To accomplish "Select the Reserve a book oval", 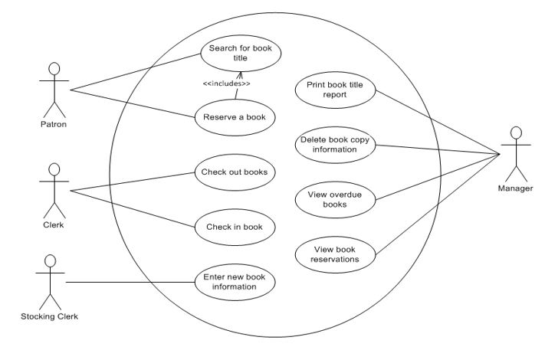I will [234, 117].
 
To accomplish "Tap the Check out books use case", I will [234, 172].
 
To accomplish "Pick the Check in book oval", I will [234, 227].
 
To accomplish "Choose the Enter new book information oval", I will [235, 283].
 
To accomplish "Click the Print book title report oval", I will [335, 90].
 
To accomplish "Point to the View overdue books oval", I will [335, 199].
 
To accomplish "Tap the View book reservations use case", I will [335, 254].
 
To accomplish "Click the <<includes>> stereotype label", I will [226, 83].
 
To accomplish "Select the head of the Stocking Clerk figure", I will [50, 261].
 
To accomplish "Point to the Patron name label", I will [53, 123].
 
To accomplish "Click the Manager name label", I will [515, 188].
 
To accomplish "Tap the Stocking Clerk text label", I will [50, 316].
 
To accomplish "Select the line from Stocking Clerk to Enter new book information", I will [130, 283].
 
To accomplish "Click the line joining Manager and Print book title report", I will [437, 121].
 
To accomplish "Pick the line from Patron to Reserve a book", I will [130, 104].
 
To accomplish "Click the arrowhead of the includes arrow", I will [241, 74].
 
